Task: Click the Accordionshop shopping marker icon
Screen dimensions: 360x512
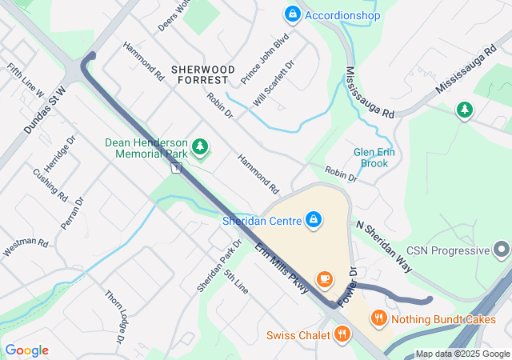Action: pos(292,14)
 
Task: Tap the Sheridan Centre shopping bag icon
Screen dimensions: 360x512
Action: pos(314,218)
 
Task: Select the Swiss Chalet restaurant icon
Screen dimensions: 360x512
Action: pos(342,334)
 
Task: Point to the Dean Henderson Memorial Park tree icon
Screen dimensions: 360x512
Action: pos(200,146)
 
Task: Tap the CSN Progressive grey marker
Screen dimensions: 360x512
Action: pos(502,250)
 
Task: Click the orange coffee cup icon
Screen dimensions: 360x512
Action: pos(325,278)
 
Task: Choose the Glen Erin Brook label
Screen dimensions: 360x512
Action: pos(371,158)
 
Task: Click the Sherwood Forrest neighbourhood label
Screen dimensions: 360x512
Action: pos(203,74)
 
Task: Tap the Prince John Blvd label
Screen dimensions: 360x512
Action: pos(263,57)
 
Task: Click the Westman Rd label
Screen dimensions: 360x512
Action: pos(26,248)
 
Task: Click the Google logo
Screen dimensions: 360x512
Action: pos(27,350)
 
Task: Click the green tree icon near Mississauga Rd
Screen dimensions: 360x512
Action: pos(464,110)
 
